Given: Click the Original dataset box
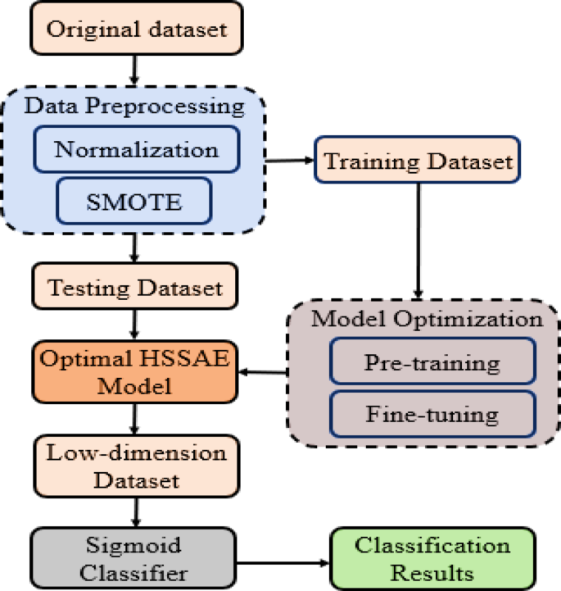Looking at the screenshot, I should pyautogui.click(x=135, y=30).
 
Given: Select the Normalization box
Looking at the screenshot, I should pyautogui.click(x=135, y=149).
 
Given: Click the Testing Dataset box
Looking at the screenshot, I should pyautogui.click(x=135, y=288).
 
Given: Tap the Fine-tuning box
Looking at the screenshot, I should pyautogui.click(x=432, y=414).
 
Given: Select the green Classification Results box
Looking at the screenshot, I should pyautogui.click(x=432, y=557).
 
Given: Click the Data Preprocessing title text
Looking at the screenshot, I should pyautogui.click(x=134, y=106).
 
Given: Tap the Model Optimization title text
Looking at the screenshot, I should pyautogui.click(x=426, y=318).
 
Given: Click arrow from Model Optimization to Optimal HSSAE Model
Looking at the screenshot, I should pyautogui.click(x=262, y=374).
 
